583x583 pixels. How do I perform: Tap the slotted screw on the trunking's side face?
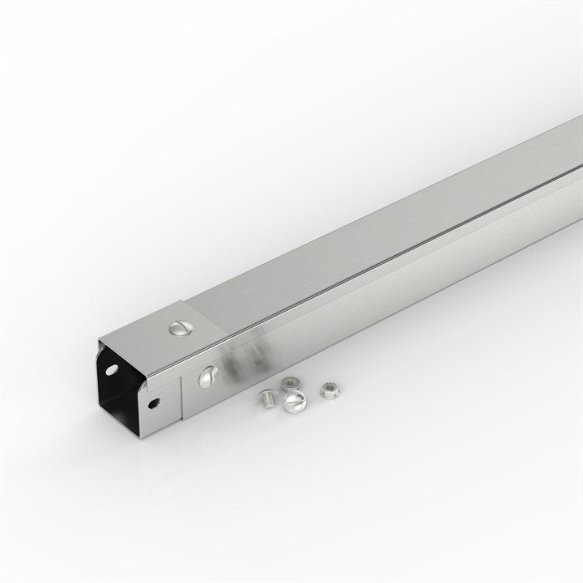point(209,375)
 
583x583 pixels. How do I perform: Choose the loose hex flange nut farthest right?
point(328,390)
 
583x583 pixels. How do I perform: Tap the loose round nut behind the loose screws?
point(289,383)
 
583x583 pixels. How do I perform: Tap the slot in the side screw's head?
point(209,375)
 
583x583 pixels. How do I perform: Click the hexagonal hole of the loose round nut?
point(289,382)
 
